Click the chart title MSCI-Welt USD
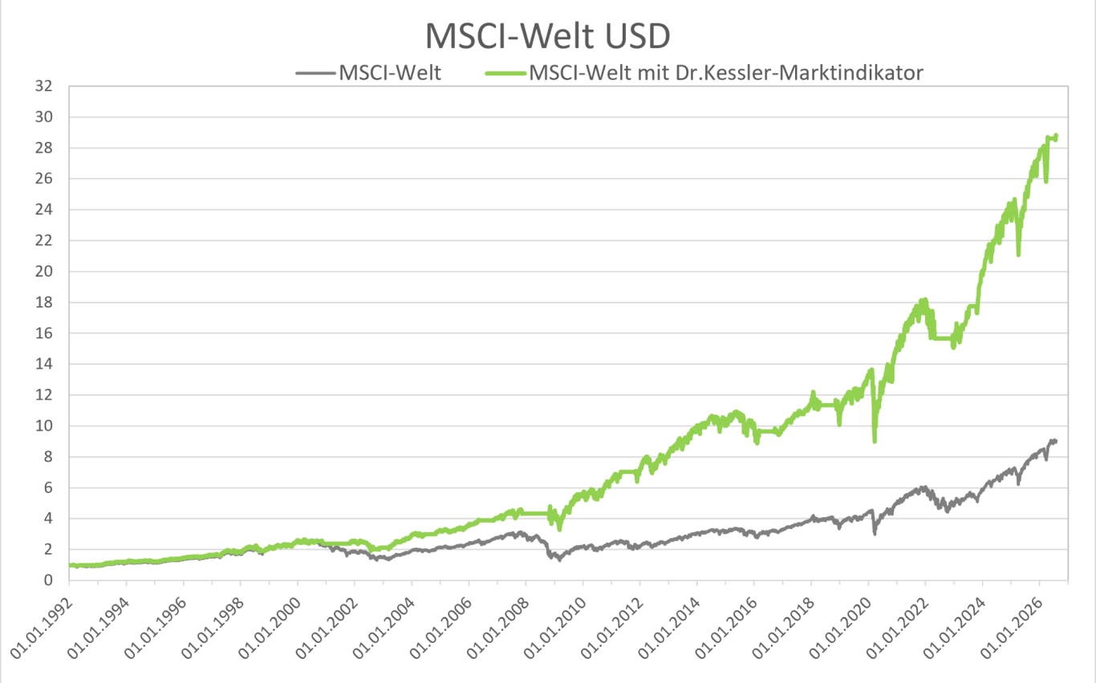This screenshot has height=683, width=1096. [547, 36]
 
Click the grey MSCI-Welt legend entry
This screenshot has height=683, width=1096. [368, 73]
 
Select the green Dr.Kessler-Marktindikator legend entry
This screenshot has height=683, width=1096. [704, 73]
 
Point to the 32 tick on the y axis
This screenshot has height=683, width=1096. [43, 86]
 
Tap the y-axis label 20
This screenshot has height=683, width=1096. [43, 271]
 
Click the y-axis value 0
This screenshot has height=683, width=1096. [48, 580]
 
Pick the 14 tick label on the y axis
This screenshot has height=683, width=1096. [43, 364]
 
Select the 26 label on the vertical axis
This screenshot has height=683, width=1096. [43, 179]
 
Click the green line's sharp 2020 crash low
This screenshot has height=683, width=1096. [875, 441]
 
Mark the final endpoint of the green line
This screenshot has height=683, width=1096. [1057, 135]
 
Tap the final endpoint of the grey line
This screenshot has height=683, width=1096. [1056, 441]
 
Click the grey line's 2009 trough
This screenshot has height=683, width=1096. [560, 560]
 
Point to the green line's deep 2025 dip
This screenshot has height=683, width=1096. [1018, 254]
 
